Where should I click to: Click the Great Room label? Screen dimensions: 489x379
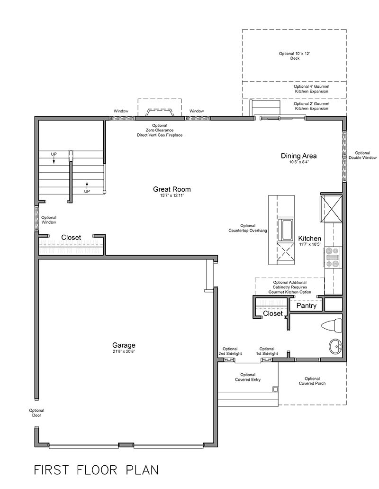tap(171, 189)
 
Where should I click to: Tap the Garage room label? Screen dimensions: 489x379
tap(124, 345)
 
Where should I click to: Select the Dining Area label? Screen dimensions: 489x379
tap(298, 156)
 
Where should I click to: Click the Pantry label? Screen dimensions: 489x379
tap(306, 306)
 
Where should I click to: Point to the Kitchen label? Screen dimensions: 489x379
tap(309, 239)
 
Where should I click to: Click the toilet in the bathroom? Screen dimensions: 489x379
tap(331, 326)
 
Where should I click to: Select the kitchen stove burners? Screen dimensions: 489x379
tap(333, 257)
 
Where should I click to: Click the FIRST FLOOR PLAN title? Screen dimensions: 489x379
tap(96, 470)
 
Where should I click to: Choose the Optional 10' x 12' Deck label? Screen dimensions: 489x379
tap(294, 56)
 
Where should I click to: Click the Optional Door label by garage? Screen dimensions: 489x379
tap(36, 413)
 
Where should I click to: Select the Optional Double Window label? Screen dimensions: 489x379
tap(362, 155)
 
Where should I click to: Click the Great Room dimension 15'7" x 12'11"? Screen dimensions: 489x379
tap(171, 195)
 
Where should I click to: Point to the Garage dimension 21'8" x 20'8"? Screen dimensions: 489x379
tap(124, 352)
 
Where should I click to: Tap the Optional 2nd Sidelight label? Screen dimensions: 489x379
tap(230, 351)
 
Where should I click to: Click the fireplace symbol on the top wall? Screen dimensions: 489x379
tap(159, 112)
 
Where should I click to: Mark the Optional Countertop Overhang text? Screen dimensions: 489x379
tap(247, 228)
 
